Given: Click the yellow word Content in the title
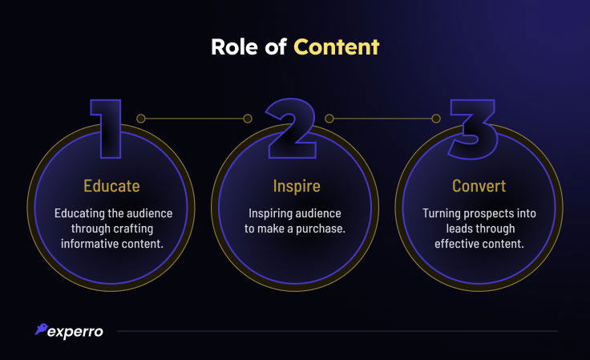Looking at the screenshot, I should pyautogui.click(x=336, y=47).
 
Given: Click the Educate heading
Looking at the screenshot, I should pyautogui.click(x=112, y=186).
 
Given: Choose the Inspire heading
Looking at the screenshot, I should pyautogui.click(x=296, y=186).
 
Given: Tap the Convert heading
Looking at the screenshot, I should pyautogui.click(x=479, y=186).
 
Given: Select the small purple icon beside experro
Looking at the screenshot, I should pyautogui.click(x=41, y=330).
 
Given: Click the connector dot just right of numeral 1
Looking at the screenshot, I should pyautogui.click(x=140, y=119).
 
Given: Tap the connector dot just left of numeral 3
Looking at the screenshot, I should pyautogui.click(x=436, y=119).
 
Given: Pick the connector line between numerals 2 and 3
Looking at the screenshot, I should pyautogui.click(x=382, y=119).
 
